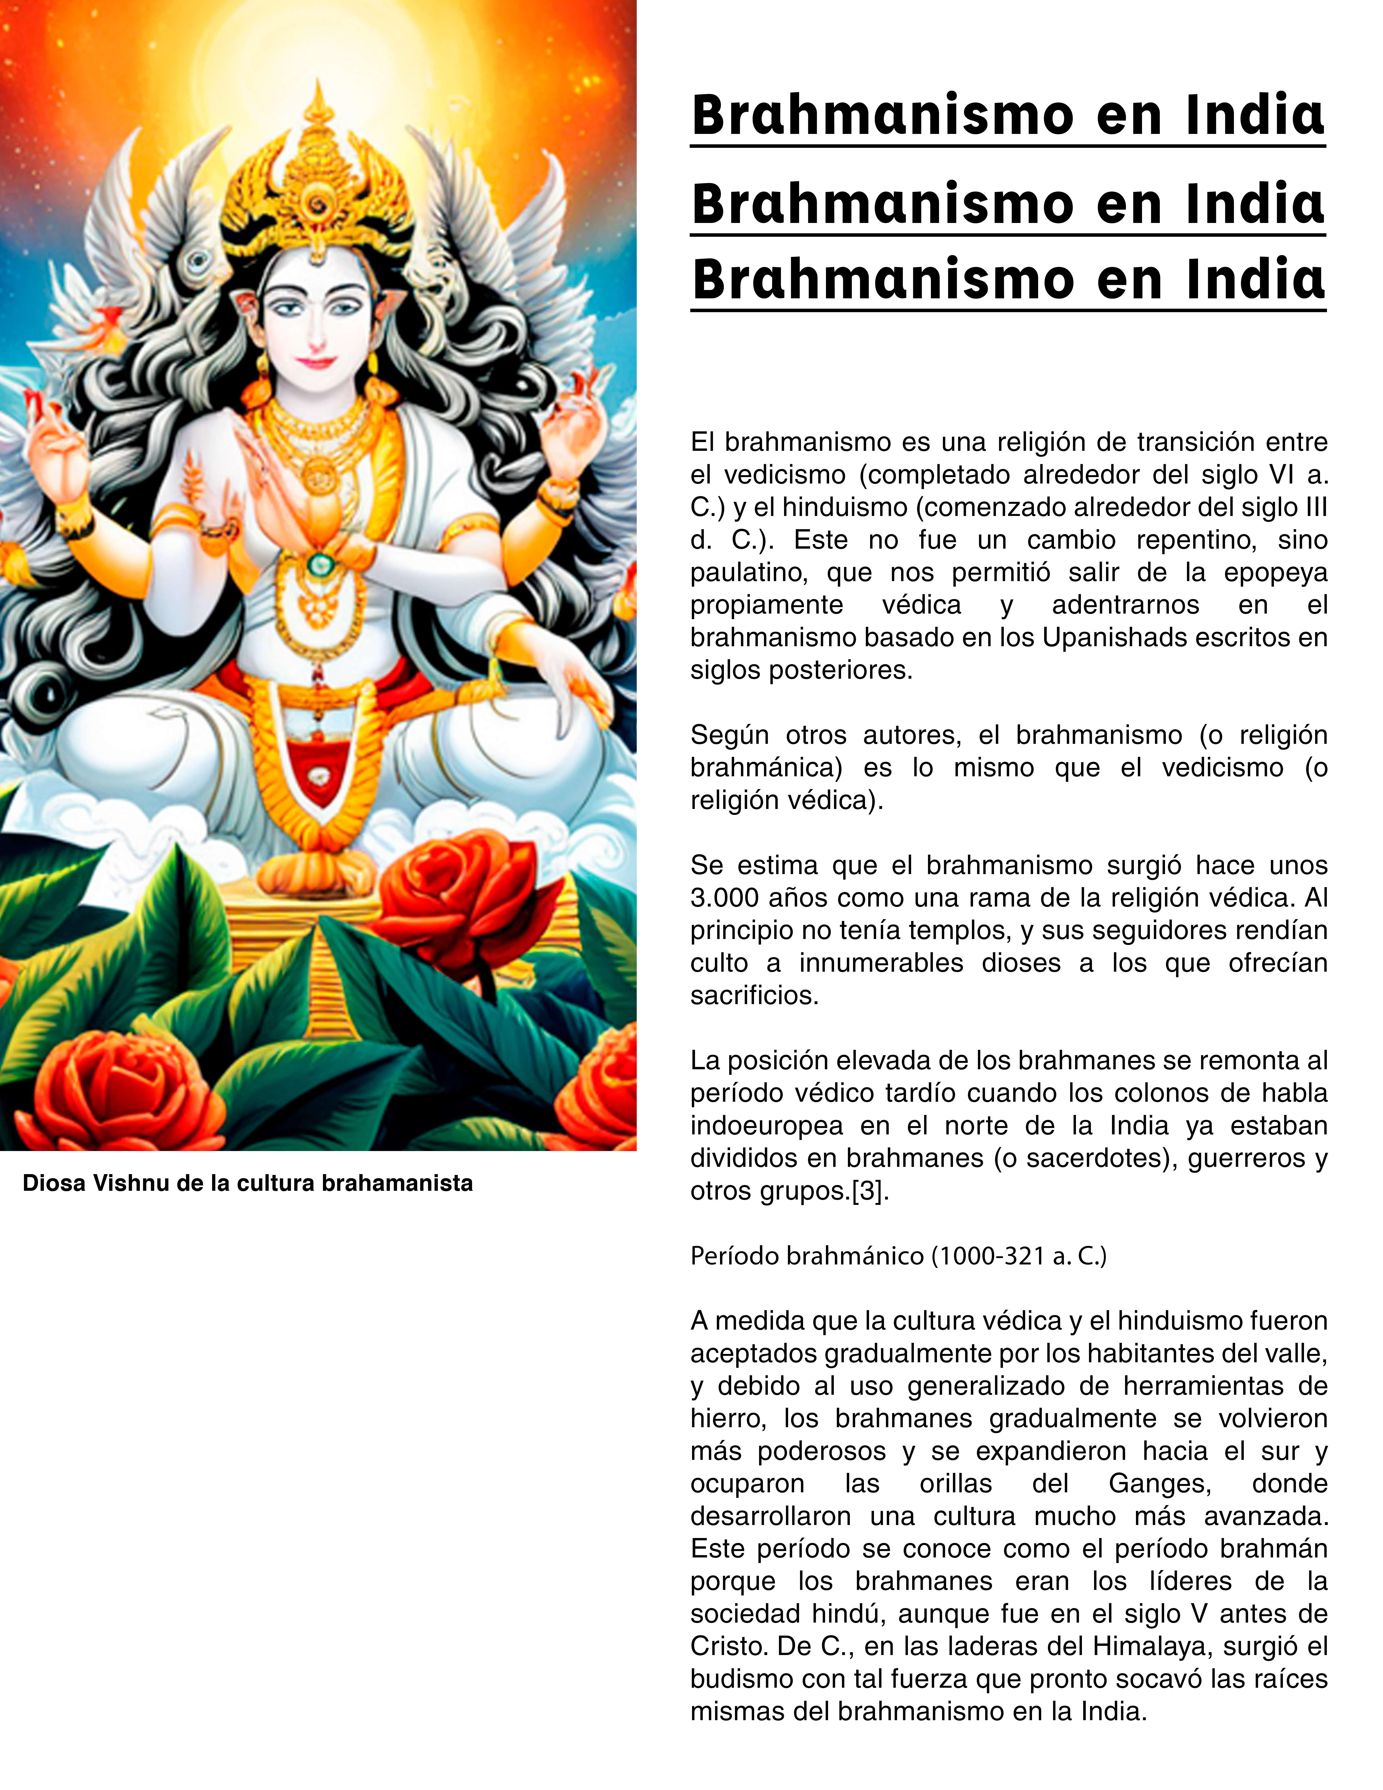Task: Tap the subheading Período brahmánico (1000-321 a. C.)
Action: pyautogui.click(x=898, y=1256)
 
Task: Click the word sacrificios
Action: pyautogui.click(x=754, y=995)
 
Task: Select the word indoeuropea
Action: pyautogui.click(x=766, y=1125)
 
